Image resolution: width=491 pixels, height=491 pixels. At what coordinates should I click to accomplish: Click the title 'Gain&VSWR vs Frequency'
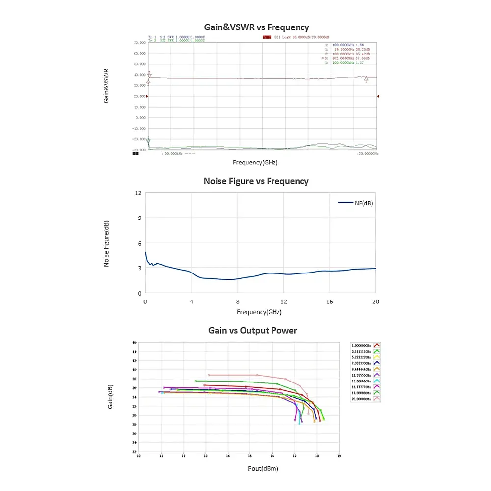pos(256,27)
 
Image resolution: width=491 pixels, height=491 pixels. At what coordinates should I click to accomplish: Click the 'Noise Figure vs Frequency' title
pos(256,181)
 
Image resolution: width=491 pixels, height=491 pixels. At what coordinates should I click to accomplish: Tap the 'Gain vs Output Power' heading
pos(252,331)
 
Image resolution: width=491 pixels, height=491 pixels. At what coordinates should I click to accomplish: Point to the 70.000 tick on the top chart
pos(139,43)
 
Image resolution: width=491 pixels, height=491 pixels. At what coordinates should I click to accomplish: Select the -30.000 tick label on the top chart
pos(139,150)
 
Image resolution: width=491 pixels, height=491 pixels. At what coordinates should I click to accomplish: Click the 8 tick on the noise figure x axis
pos(238,301)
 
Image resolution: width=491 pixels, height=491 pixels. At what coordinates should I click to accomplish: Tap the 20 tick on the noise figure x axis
pos(375,301)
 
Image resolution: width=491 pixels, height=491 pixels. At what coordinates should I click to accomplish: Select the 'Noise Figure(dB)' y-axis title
pos(106,244)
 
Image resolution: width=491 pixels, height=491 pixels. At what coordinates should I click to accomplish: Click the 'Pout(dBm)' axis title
pos(263,469)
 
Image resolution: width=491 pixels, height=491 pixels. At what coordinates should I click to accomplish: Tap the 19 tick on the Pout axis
pos(339,456)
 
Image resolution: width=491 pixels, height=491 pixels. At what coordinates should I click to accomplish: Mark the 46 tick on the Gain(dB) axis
pos(134,342)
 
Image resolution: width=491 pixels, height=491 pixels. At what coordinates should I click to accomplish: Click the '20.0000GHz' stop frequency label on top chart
pos(368,154)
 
